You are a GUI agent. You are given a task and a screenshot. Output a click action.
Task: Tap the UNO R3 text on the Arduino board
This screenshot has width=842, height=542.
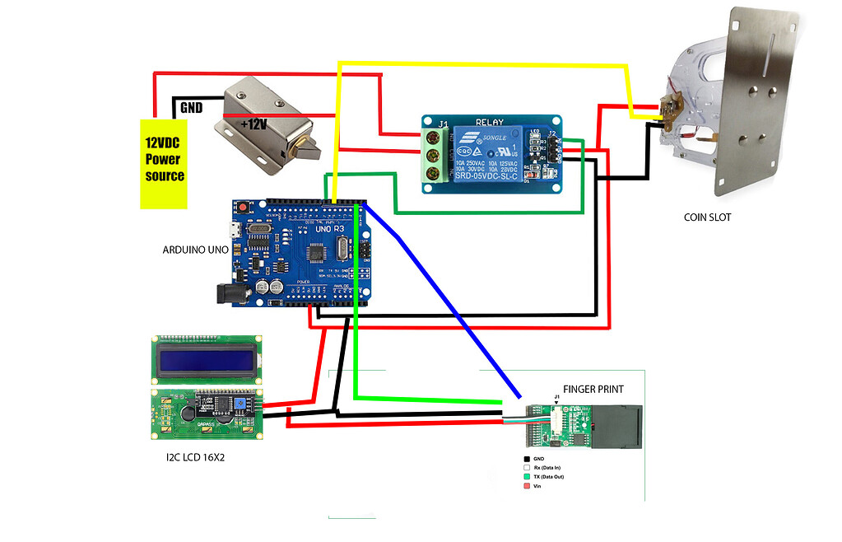(x=324, y=233)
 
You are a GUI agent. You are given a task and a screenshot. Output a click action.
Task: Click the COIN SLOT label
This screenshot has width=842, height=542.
(x=707, y=217)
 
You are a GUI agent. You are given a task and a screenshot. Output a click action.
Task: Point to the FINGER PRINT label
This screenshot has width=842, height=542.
(x=593, y=388)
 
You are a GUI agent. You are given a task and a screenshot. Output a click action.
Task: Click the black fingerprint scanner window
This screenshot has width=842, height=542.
(x=618, y=426)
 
